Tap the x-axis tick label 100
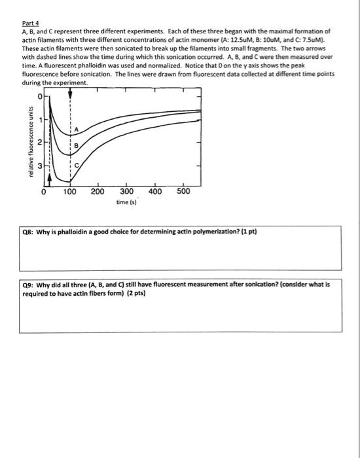(70, 192)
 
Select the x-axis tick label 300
(126, 192)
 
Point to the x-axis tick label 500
(183, 192)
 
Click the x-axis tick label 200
(98, 192)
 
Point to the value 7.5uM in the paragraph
(312, 39)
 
